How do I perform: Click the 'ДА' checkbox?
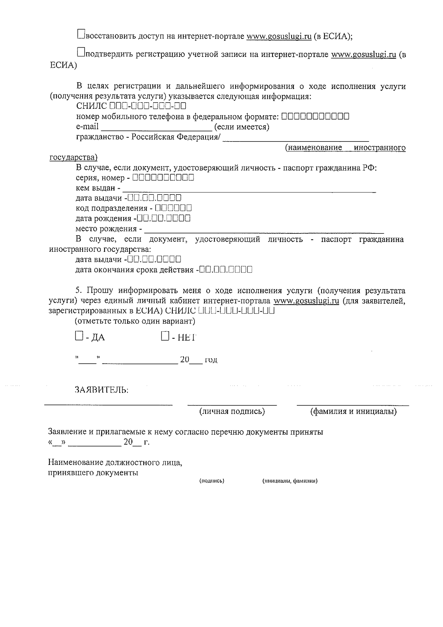[79, 336]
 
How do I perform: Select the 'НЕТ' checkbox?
[165, 336]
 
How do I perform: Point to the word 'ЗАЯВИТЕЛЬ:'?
[102, 390]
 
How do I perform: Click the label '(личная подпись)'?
[232, 411]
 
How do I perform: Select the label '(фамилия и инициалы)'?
[353, 411]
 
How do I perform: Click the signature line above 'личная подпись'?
[232, 404]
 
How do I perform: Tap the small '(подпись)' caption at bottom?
[212, 481]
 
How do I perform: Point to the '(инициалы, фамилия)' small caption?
[290, 481]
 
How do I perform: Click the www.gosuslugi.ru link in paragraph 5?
[306, 301]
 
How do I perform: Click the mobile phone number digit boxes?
[315, 117]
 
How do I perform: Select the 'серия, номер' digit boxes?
[163, 178]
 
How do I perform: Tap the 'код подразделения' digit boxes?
[173, 208]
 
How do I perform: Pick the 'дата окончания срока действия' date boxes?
[225, 270]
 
